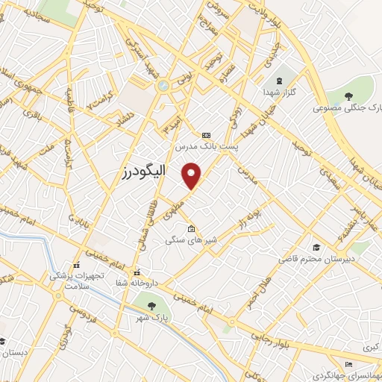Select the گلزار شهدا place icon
280,81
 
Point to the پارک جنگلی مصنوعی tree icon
348,95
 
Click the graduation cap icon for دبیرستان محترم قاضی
316,246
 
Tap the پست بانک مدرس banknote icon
206,135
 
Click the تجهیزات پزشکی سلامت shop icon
76,265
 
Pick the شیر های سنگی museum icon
191,229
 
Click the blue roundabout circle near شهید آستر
163,86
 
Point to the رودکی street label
233,120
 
